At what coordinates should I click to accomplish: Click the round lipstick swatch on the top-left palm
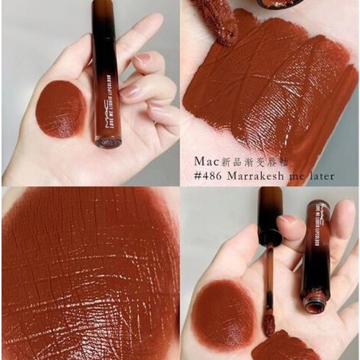click(x=61, y=108)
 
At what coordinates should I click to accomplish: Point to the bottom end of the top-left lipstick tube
click(x=108, y=141)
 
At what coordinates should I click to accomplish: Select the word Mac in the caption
click(x=206, y=161)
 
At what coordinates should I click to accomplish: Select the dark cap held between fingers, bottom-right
click(x=269, y=216)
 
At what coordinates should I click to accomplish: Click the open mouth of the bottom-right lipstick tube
click(x=313, y=305)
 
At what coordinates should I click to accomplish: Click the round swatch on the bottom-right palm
click(x=224, y=314)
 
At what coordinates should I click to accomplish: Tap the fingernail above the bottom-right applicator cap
click(x=289, y=219)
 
